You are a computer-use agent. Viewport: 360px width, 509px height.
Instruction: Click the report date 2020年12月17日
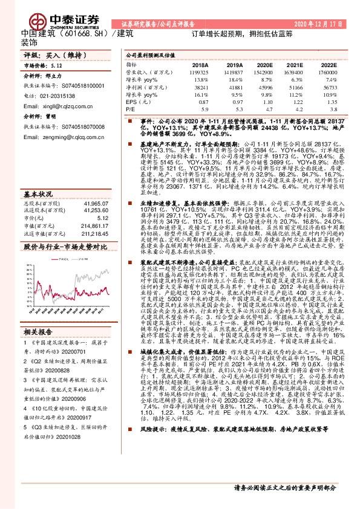[316, 24]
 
